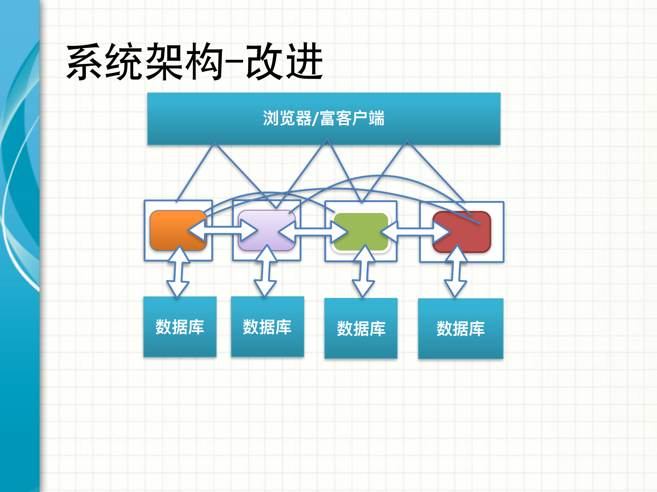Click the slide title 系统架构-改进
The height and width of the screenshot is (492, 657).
pyautogui.click(x=194, y=62)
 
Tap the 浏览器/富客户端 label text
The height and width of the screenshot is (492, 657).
pyautogui.click(x=324, y=118)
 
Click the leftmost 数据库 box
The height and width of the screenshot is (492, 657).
pyautogui.click(x=180, y=327)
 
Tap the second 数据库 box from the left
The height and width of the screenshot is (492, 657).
pyautogui.click(x=267, y=327)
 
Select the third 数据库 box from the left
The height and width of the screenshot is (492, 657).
pyautogui.click(x=361, y=328)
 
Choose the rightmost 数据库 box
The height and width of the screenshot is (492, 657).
pyautogui.click(x=460, y=328)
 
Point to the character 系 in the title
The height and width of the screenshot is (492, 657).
pyautogui.click(x=84, y=62)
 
